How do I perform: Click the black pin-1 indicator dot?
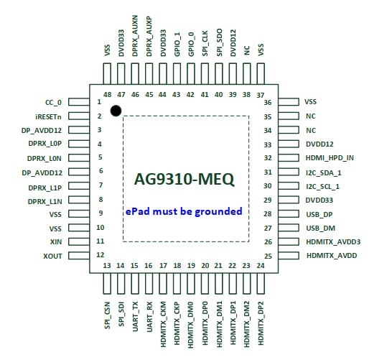116,111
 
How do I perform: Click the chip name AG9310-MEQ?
184,180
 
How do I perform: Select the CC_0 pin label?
53,102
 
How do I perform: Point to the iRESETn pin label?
48,116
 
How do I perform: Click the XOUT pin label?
52,256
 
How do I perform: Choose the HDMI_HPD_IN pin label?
330,158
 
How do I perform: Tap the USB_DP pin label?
319,214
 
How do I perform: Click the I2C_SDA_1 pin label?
324,172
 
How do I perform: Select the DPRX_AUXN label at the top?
135,36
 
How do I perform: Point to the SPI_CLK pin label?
205,43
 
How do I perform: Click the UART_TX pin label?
135,316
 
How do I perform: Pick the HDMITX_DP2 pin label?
261,323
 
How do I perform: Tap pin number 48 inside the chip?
108,95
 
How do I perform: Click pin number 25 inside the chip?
268,257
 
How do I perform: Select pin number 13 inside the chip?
107,266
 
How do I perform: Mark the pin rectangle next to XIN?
79,241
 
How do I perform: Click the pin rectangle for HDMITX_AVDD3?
289,241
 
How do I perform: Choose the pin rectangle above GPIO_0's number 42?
190,73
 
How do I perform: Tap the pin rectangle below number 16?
149,283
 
